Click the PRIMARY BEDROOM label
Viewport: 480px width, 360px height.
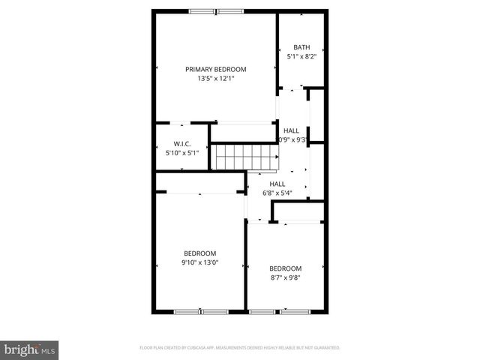pos(216,69)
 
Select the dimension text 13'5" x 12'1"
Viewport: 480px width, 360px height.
pos(216,78)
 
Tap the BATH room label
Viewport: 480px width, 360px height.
pos(301,46)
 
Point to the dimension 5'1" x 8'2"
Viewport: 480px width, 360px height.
pos(301,55)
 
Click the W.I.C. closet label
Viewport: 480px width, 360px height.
pos(181,144)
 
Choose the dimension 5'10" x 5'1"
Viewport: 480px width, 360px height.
pos(181,153)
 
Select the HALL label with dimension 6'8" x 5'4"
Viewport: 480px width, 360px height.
pos(277,184)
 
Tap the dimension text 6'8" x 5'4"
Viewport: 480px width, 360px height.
pos(277,193)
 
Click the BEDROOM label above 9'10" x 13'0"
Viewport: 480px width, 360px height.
pos(199,253)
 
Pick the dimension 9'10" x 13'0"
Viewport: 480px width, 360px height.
pos(199,262)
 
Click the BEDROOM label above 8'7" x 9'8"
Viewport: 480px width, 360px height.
pos(286,268)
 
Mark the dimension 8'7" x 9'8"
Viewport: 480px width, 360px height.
pos(286,277)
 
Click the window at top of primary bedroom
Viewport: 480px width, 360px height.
pos(216,11)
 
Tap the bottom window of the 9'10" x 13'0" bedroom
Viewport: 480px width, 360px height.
pos(200,310)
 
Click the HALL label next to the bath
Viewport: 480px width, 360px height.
pos(291,130)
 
